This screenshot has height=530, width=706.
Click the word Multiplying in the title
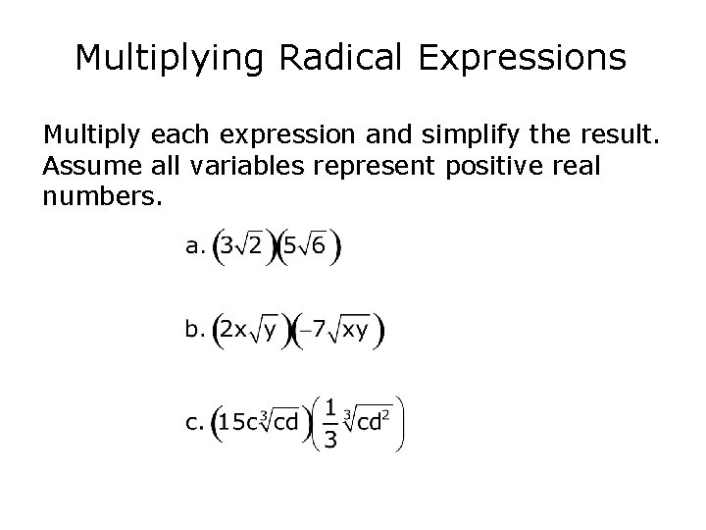(x=173, y=58)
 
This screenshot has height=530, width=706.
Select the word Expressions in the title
(x=522, y=58)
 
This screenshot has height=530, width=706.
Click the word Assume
(x=81, y=165)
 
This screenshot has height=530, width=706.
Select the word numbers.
(x=99, y=197)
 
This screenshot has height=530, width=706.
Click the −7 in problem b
(x=311, y=331)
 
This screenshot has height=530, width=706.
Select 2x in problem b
(x=233, y=331)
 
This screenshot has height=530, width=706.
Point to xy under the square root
(x=355, y=331)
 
